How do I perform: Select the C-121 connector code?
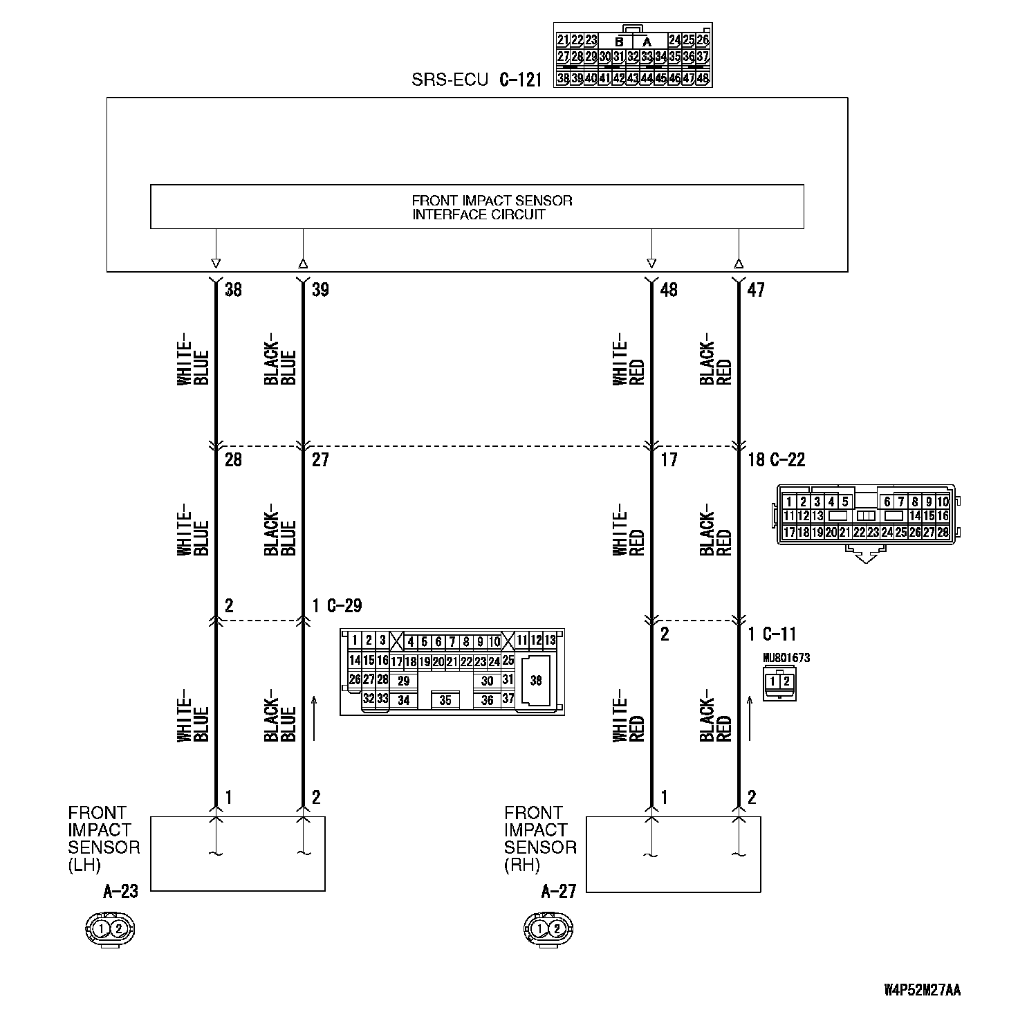point(520,80)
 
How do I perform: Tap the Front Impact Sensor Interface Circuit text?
point(492,207)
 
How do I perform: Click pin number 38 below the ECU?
point(234,290)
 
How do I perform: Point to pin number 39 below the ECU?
point(320,290)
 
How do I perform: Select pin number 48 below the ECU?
point(669,290)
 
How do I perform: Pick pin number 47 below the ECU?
point(756,290)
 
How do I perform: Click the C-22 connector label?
point(786,459)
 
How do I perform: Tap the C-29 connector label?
point(344,606)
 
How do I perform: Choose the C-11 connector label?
point(779,634)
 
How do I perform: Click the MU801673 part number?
point(786,658)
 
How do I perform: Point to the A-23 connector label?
point(120,892)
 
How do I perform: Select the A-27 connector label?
point(558,892)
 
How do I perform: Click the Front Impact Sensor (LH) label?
point(104,838)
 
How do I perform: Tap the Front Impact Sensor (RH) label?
point(540,838)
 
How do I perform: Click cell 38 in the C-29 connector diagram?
point(535,681)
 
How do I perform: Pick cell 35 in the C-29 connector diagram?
point(445,701)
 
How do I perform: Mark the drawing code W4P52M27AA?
point(922,990)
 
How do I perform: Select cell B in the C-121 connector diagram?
point(619,42)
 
